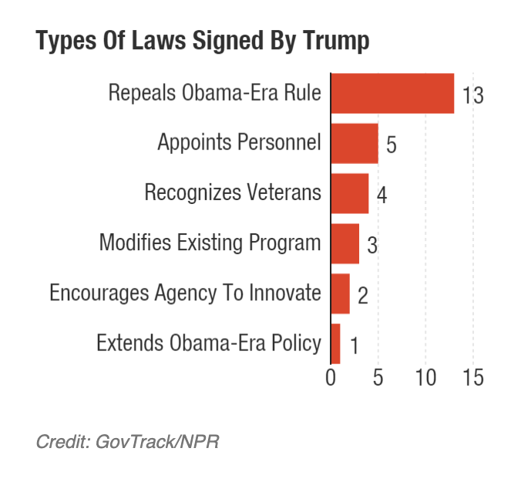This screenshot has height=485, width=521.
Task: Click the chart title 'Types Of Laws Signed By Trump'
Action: click(203, 42)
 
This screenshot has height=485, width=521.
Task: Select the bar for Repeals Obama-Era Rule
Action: click(392, 94)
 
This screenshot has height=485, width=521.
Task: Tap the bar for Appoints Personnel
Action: click(355, 143)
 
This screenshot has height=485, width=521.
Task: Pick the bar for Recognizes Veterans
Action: click(350, 193)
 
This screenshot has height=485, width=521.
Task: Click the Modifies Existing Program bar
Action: click(345, 243)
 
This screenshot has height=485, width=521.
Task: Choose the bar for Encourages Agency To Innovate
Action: click(341, 293)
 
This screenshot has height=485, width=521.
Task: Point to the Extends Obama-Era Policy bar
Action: click(336, 343)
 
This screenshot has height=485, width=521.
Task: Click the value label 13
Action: click(472, 95)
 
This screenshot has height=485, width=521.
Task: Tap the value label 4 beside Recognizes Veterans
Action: click(381, 195)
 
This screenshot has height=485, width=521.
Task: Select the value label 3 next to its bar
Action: click(371, 245)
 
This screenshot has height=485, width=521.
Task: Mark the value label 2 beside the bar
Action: click(362, 295)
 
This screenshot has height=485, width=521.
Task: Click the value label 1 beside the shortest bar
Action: click(354, 346)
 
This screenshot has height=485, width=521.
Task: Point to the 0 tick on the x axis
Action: click(331, 378)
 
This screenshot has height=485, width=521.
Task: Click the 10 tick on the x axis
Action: click(425, 378)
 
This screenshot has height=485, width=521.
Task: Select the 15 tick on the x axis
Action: click(473, 378)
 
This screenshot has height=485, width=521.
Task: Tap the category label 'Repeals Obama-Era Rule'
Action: click(214, 93)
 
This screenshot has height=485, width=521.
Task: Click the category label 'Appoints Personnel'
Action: click(239, 143)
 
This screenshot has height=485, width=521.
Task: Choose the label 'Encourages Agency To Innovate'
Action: click(185, 293)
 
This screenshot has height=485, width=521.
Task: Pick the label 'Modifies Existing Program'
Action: click(210, 243)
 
